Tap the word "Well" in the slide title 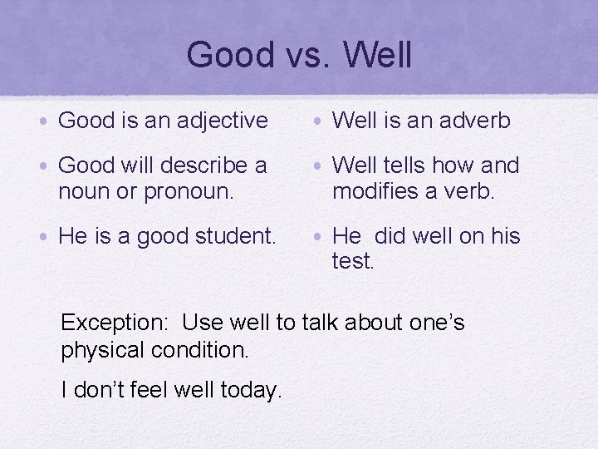pos(377,56)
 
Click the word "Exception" pos(115,323)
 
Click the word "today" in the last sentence pos(255,388)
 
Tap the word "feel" pos(154,388)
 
